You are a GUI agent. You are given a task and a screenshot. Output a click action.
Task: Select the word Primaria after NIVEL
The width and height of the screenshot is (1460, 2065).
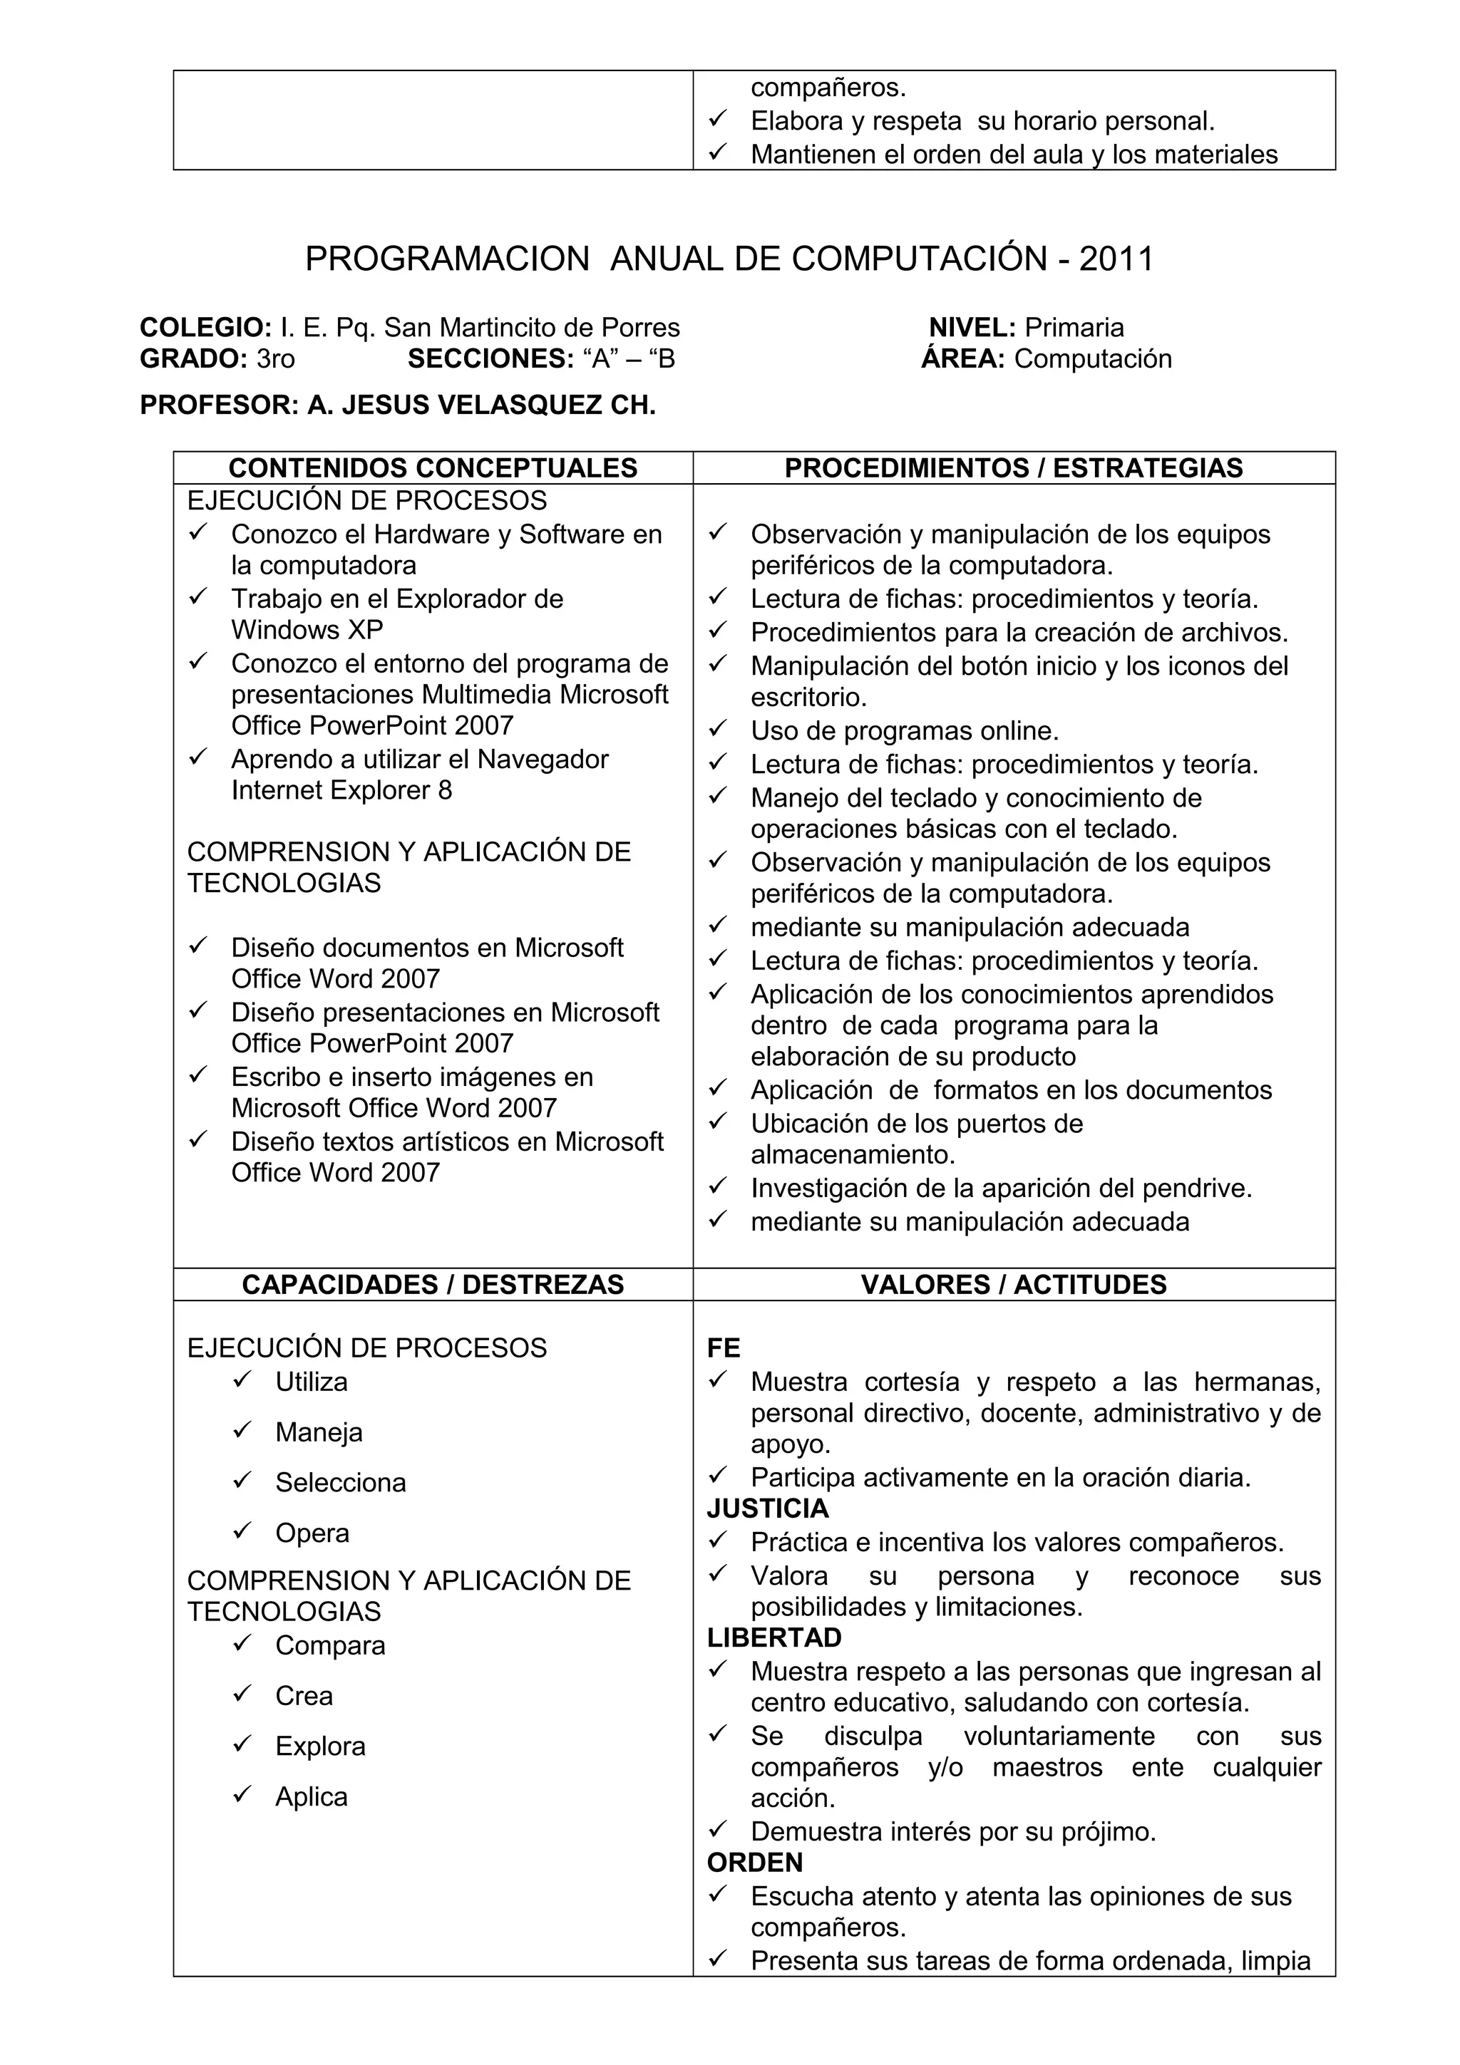pos(1074,327)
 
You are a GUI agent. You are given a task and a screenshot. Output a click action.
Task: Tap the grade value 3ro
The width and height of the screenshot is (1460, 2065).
pos(275,359)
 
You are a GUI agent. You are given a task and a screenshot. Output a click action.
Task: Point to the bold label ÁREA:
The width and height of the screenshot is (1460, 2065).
pos(962,359)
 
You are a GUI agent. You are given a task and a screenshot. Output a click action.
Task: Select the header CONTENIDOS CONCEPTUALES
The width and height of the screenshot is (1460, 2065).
pos(433,467)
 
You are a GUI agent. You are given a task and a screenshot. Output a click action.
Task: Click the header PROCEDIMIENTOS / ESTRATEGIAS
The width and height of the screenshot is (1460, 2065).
pos(1014,467)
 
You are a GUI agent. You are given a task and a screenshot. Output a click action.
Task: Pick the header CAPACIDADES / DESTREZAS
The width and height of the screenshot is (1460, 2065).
pos(433,1284)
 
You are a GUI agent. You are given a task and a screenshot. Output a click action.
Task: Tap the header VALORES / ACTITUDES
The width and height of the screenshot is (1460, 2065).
pos(1014,1284)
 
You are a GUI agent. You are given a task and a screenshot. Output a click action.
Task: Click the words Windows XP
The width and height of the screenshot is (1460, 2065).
pos(307,630)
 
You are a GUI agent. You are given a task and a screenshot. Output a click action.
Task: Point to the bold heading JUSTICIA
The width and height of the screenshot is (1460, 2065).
pos(767,1509)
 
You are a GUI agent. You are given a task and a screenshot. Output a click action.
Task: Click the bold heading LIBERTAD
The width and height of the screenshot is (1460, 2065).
pos(773,1637)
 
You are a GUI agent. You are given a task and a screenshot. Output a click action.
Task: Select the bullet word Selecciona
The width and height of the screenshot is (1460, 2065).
pos(340,1483)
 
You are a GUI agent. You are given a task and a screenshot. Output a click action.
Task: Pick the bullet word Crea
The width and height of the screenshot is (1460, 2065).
pos(304,1696)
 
